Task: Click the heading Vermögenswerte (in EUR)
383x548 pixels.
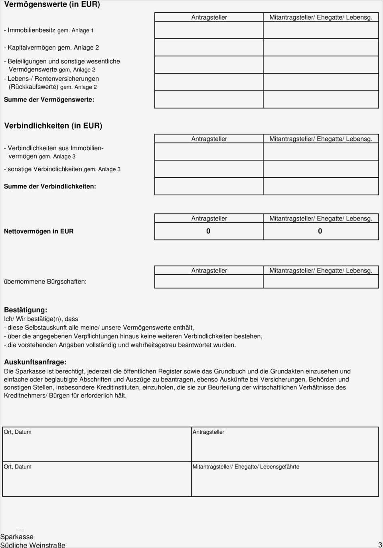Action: [52, 4]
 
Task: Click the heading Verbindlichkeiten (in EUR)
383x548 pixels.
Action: [53, 125]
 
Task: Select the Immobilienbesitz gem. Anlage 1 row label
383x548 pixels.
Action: [49, 30]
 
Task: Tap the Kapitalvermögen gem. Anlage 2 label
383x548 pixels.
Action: [51, 48]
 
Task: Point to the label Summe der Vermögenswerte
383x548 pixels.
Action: [49, 99]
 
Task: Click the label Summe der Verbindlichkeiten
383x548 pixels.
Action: [50, 186]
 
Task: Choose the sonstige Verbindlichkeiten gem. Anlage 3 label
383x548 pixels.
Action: [62, 169]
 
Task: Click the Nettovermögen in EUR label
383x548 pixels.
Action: [39, 231]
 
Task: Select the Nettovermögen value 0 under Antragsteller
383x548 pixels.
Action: [208, 231]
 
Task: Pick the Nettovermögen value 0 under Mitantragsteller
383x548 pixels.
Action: [320, 231]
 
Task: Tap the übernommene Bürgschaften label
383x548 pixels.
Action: [45, 282]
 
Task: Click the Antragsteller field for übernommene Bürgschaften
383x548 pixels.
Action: [209, 282]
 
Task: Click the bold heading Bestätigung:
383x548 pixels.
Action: [26, 310]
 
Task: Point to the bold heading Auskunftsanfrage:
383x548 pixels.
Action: [35, 362]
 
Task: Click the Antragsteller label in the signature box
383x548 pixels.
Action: [208, 432]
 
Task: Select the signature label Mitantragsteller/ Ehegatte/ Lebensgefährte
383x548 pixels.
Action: [246, 467]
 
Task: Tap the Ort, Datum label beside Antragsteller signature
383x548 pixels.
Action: [18, 432]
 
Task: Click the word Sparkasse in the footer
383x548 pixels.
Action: [17, 537]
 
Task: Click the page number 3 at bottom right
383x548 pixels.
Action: [380, 544]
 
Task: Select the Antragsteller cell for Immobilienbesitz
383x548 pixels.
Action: [209, 30]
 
